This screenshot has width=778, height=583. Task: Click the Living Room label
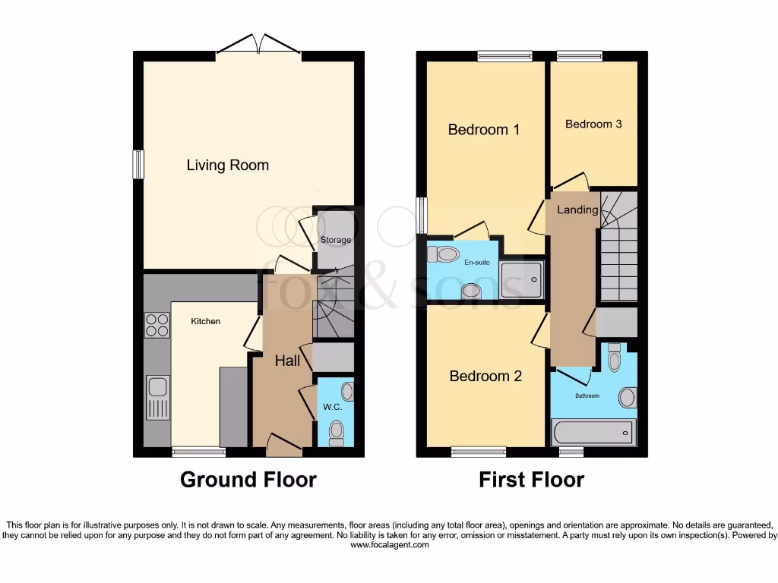point(228,165)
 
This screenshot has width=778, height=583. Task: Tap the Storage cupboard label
point(335,240)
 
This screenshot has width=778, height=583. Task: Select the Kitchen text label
point(205,321)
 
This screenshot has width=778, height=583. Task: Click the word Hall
point(287,361)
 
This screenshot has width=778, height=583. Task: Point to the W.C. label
point(333,407)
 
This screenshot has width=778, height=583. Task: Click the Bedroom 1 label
point(483,130)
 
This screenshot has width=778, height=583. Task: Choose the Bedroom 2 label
point(485,377)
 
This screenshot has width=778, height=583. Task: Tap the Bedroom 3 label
point(593,124)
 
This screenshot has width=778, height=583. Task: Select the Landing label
point(577,210)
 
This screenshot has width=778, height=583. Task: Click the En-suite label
point(477,263)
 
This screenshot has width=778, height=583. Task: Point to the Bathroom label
point(587,395)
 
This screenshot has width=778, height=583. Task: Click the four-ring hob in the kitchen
point(157,326)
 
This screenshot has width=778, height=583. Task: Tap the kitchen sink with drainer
point(157,397)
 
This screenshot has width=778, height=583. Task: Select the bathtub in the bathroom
point(593,433)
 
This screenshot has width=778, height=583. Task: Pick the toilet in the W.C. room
point(336,433)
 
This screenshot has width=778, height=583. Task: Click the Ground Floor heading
point(248,480)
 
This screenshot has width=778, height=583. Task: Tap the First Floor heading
point(531,480)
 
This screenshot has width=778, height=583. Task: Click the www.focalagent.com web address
point(389,545)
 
